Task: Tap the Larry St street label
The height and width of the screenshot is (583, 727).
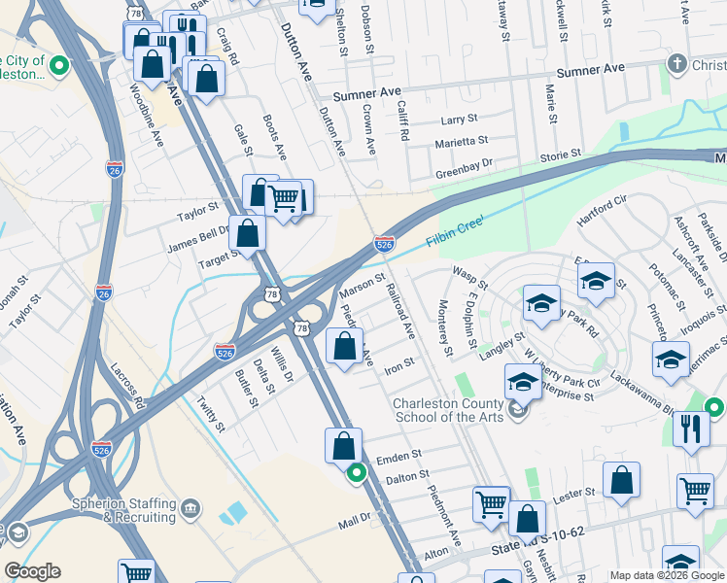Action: (x=459, y=120)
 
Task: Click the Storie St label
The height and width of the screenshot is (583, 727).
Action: (x=560, y=154)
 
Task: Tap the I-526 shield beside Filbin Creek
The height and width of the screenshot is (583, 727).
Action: (x=384, y=246)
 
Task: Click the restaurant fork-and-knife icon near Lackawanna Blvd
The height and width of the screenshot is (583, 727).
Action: (x=691, y=429)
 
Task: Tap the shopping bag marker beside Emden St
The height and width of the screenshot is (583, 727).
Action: (x=343, y=446)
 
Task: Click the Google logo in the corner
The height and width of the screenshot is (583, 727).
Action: (x=32, y=571)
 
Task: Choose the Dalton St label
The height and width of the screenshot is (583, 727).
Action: (x=406, y=475)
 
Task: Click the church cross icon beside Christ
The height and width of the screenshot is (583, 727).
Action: (x=676, y=64)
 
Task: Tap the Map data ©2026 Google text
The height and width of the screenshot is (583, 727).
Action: (x=666, y=575)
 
